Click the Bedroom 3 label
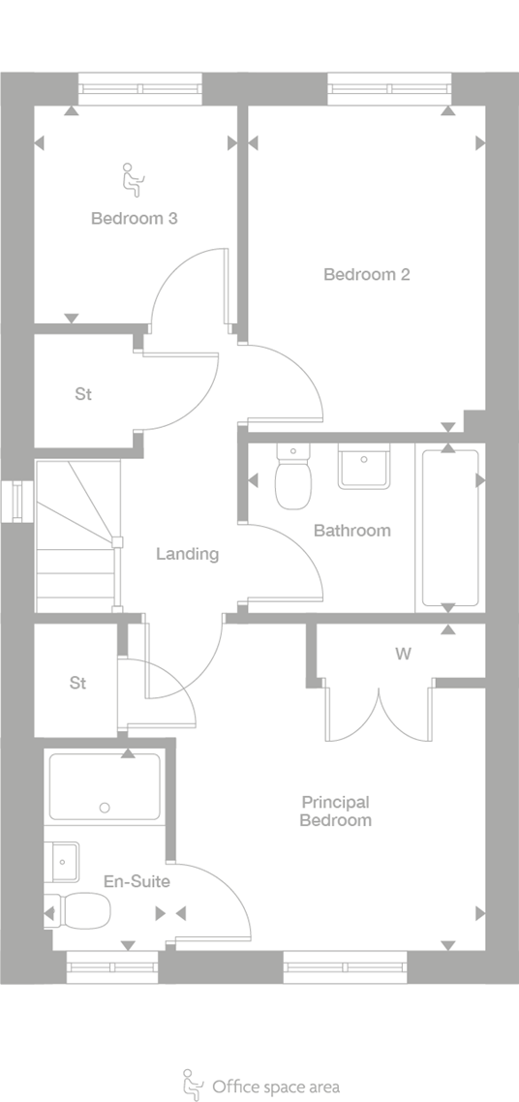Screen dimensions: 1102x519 click(x=134, y=218)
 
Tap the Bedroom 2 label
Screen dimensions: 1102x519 click(x=366, y=274)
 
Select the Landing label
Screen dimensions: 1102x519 click(x=187, y=554)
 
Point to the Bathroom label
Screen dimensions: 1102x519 click(x=351, y=530)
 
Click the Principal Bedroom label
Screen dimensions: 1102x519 click(x=335, y=811)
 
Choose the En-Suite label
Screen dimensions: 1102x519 click(x=137, y=881)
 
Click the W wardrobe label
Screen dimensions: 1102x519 click(x=403, y=654)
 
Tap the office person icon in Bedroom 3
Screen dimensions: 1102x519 click(x=130, y=177)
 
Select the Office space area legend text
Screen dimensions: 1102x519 click(x=276, y=1087)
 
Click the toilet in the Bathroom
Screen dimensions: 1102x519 click(x=291, y=477)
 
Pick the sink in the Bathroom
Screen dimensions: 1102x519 click(x=363, y=467)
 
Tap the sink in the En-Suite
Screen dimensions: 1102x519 click(x=64, y=860)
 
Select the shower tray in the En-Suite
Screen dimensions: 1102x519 click(x=105, y=785)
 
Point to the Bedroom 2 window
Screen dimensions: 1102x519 click(x=389, y=89)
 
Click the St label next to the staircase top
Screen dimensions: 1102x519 click(x=83, y=394)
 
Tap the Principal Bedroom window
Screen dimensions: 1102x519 click(x=345, y=965)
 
